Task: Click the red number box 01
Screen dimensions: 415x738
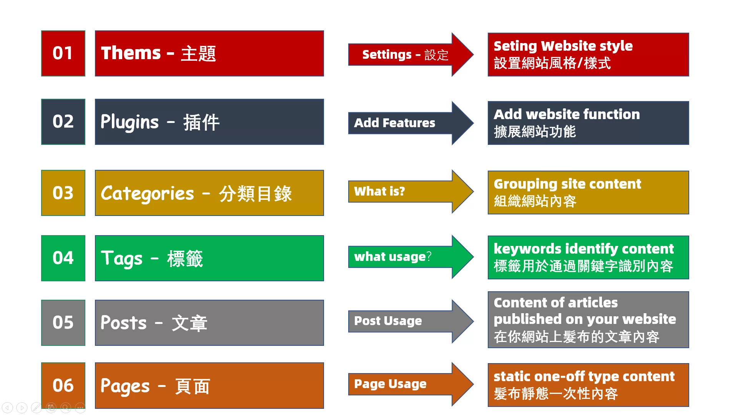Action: tap(63, 53)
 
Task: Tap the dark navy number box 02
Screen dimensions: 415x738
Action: tap(63, 122)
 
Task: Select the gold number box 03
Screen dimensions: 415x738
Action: tap(63, 193)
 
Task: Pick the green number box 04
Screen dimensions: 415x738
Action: tap(63, 258)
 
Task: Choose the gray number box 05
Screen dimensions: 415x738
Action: tap(63, 322)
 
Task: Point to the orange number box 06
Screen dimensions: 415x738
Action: tap(63, 385)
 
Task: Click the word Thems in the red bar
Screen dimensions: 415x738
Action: tap(131, 53)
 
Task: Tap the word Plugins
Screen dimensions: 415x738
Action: tap(130, 122)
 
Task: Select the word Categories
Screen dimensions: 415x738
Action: tap(147, 193)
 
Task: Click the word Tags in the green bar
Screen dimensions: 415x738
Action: tap(121, 258)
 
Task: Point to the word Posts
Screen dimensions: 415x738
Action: tap(123, 323)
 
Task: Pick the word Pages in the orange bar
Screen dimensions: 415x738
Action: tap(125, 386)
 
